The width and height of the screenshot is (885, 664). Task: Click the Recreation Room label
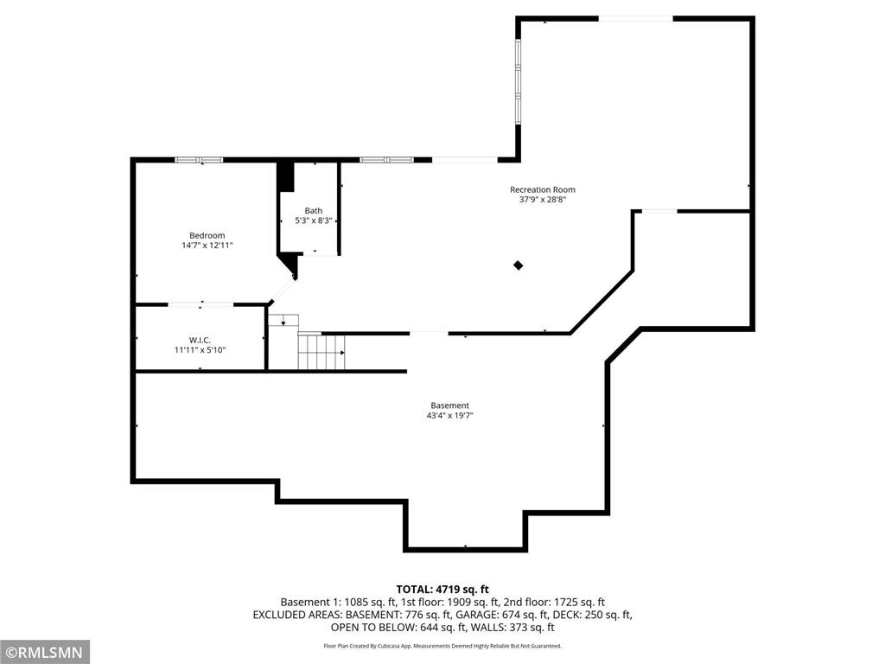542,189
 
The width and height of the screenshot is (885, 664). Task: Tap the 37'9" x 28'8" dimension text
542,200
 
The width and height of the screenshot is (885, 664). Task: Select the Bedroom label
207,235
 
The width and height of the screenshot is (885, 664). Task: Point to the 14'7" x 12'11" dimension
207,246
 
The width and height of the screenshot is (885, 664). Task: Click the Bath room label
313,210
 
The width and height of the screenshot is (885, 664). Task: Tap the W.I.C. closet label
201,340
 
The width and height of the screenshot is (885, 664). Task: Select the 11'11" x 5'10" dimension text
201,350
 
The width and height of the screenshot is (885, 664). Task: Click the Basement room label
449,405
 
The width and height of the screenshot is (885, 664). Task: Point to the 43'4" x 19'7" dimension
449,416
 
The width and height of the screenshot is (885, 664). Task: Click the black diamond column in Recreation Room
519,265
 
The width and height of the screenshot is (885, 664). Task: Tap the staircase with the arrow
321,352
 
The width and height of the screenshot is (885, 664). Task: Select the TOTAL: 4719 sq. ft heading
442,589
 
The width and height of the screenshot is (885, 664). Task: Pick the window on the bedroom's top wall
200,160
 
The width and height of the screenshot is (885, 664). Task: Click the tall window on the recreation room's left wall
518,82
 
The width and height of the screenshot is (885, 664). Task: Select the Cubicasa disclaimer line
442,646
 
